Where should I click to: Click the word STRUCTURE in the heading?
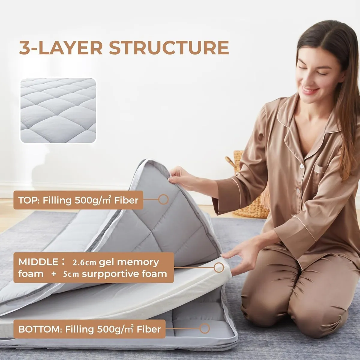(x=169, y=48)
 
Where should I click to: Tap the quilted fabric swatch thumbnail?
(x=58, y=110)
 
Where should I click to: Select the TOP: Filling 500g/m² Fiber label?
(x=78, y=200)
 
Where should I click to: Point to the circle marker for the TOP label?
(x=163, y=199)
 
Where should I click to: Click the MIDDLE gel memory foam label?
(x=93, y=268)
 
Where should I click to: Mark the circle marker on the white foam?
(x=219, y=268)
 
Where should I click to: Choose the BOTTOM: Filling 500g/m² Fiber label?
(x=89, y=329)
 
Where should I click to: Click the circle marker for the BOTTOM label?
(x=205, y=328)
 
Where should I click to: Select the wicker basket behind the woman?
(x=249, y=192)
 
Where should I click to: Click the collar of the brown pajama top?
(x=303, y=126)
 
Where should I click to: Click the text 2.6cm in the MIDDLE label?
(x=84, y=262)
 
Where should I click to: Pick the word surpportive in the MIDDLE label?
(x=103, y=274)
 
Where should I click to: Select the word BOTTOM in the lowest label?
(x=40, y=329)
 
